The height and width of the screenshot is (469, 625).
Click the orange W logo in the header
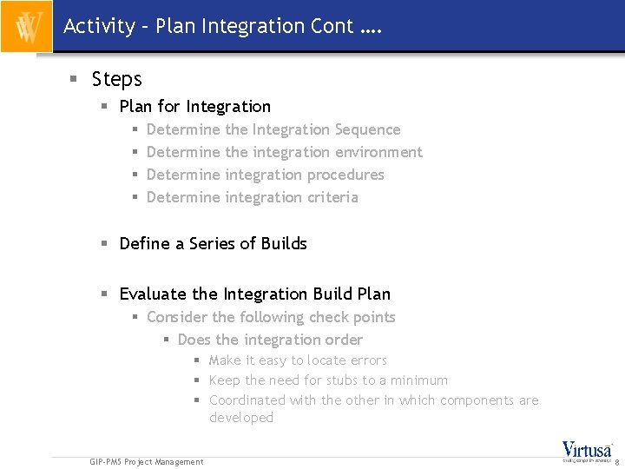(x=26, y=26)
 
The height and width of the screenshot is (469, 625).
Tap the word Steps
(x=116, y=79)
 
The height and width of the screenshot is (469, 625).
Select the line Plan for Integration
(x=194, y=107)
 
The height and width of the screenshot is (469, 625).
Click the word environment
(x=381, y=152)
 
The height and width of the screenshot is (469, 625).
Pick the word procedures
(x=345, y=175)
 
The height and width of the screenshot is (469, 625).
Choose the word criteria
(x=332, y=197)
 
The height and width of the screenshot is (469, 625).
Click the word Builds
(x=284, y=244)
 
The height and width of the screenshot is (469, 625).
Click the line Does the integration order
(x=270, y=340)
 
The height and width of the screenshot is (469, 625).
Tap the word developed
(x=241, y=418)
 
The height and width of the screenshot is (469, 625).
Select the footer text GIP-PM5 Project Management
(x=147, y=462)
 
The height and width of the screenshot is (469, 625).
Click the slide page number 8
(x=616, y=464)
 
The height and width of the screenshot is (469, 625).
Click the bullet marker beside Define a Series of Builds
(x=103, y=244)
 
